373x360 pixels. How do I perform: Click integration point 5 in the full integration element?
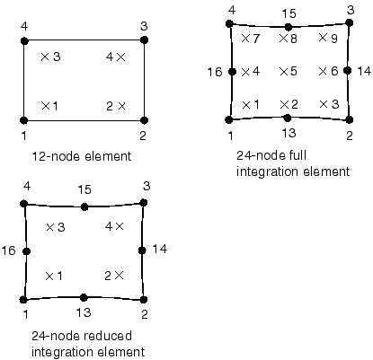(283, 72)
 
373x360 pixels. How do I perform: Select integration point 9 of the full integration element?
(323, 38)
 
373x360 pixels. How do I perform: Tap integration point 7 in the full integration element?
(245, 38)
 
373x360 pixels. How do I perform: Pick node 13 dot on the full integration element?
(288, 119)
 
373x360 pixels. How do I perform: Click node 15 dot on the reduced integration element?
(84, 206)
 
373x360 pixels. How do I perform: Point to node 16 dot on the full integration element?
(232, 72)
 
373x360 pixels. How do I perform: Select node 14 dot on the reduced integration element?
(142, 250)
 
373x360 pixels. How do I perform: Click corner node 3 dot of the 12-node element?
(144, 40)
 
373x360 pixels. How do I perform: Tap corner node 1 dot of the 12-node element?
(24, 120)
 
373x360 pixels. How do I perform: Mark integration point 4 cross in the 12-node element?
(120, 57)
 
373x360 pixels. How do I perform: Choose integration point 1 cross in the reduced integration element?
(49, 277)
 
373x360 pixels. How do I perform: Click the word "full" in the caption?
(298, 155)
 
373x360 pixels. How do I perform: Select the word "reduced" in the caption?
(107, 336)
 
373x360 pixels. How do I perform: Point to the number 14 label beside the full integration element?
(364, 71)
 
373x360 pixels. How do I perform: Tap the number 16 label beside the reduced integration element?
(8, 250)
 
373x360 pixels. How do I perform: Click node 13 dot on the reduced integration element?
(84, 298)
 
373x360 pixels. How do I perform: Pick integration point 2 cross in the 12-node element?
(121, 106)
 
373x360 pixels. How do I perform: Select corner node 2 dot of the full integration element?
(350, 119)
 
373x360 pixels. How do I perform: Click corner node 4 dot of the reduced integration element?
(24, 204)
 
